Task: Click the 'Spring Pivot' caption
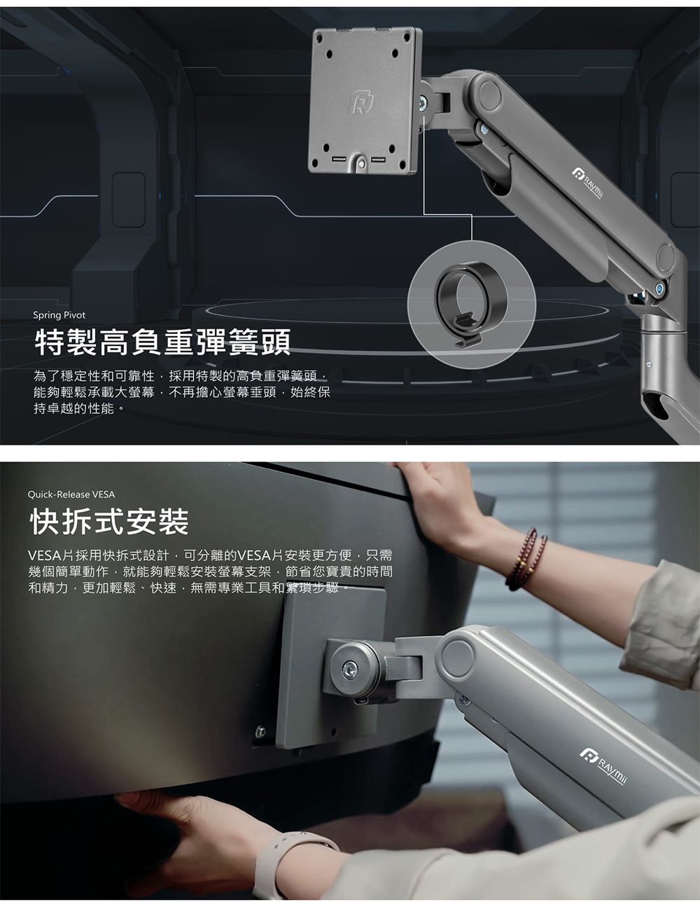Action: pos(59,315)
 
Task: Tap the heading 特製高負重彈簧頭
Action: pos(162,342)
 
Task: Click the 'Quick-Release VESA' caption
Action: pos(71,494)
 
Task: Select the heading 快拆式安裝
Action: pos(109,522)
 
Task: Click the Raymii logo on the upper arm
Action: pos(587,182)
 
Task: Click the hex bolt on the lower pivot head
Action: pos(350,671)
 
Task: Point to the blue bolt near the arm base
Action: pos(660,288)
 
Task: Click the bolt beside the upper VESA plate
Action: pos(423,102)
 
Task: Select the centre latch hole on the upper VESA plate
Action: pos(362,164)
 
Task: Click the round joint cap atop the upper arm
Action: pos(490,95)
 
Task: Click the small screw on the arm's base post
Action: pos(649,364)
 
